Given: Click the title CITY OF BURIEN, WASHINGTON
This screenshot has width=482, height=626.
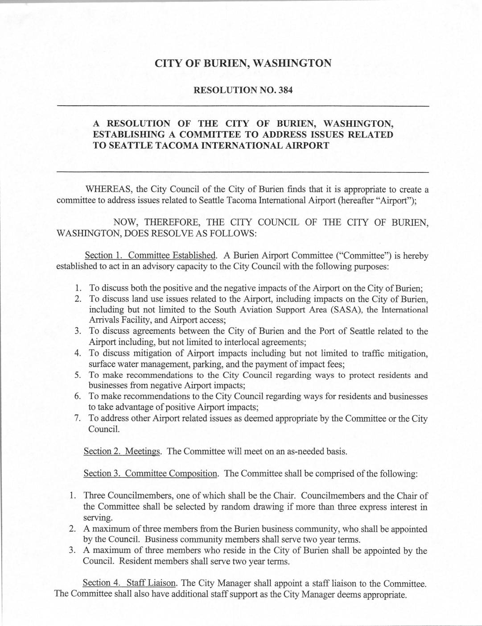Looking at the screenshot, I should pyautogui.click(x=243, y=63).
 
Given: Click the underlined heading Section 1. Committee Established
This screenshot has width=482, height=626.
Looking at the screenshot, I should pyautogui.click(x=151, y=256).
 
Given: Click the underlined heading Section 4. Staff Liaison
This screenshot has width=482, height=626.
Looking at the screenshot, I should pyautogui.click(x=130, y=583).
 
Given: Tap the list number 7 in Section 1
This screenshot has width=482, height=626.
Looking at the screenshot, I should pyautogui.click(x=77, y=419).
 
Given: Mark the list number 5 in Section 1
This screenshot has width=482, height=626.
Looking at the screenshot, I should pyautogui.click(x=77, y=375).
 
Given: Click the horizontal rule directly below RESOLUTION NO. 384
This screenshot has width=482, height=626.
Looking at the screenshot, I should pyautogui.click(x=243, y=106).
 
